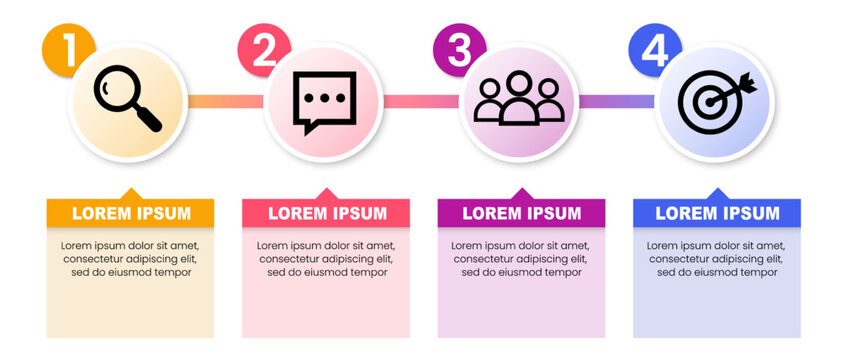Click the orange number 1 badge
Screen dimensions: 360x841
click(x=67, y=49)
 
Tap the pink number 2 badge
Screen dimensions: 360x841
click(x=263, y=49)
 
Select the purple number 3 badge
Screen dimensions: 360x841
click(x=458, y=49)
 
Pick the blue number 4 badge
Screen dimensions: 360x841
click(x=653, y=49)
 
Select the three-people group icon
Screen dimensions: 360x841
click(x=518, y=100)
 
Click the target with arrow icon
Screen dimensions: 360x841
click(x=714, y=101)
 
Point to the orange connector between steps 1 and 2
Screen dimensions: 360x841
click(x=225, y=101)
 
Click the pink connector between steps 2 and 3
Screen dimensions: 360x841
click(x=420, y=101)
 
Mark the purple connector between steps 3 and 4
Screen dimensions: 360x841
click(x=616, y=101)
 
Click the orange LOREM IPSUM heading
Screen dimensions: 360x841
click(x=130, y=213)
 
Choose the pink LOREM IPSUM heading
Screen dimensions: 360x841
click(x=326, y=213)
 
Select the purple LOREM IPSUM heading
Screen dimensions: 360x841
click(x=521, y=213)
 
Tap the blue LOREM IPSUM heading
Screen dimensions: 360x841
click(x=717, y=213)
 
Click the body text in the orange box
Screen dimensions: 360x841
click(x=130, y=258)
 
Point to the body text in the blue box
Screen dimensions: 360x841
click(x=717, y=258)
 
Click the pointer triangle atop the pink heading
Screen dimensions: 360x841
click(x=326, y=193)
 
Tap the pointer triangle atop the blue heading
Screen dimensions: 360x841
click(x=717, y=193)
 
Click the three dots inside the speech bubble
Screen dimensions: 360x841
click(x=323, y=99)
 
